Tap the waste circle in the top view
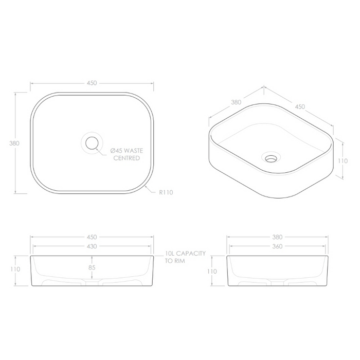[92, 142]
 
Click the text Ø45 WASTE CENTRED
[127, 154]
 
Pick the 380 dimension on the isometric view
[236, 102]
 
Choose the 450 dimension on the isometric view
[300, 106]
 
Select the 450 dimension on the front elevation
[92, 237]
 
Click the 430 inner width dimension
[92, 247]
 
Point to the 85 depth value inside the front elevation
[92, 267]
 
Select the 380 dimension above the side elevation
[277, 237]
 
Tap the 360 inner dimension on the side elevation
[277, 247]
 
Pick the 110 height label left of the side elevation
[211, 271]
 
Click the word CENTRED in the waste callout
[127, 158]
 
